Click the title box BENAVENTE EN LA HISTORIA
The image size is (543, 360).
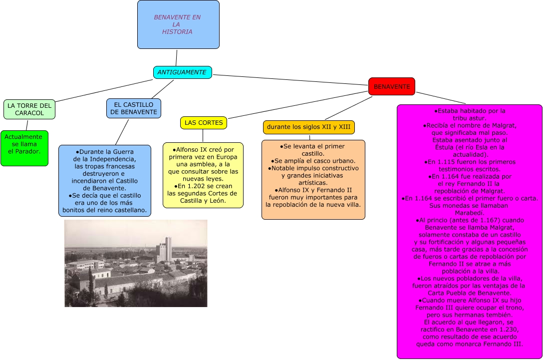point(178,24)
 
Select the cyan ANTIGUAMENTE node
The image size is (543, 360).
point(182,72)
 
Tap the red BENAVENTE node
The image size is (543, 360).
point(392,87)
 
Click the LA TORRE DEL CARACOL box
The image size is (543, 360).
point(29,109)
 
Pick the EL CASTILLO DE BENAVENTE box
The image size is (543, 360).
point(133,108)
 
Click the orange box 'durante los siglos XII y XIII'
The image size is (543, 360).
point(309,127)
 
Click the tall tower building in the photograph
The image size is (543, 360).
point(168,248)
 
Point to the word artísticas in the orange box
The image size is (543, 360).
point(313,182)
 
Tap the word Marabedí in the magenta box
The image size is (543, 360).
point(469,213)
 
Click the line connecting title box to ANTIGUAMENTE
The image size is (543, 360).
point(177,57)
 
